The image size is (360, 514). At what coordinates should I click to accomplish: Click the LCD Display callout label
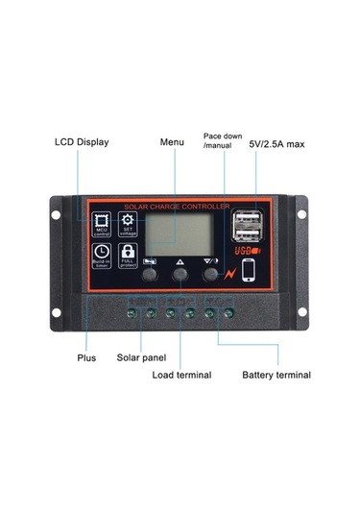[x=81, y=142]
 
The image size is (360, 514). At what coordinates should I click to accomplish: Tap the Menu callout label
[x=172, y=142]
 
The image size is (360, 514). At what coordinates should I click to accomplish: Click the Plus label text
[x=86, y=357]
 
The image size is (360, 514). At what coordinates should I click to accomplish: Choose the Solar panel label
[x=142, y=357]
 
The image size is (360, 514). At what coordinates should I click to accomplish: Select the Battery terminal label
[x=276, y=375]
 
